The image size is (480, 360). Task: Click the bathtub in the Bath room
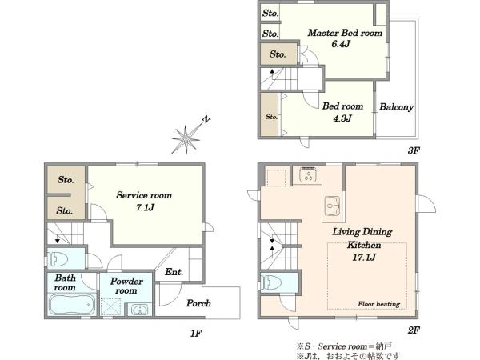[72, 304]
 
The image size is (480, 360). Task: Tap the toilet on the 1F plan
[58, 258]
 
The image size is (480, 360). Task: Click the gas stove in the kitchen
[308, 174]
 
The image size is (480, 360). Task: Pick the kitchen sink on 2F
[333, 205]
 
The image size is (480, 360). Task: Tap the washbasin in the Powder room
[139, 310]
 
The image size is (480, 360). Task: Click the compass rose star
[186, 139]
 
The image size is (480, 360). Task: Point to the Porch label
[198, 303]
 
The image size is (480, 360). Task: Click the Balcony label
[397, 107]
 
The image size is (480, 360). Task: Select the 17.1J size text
[364, 257]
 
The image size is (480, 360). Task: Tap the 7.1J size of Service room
[145, 207]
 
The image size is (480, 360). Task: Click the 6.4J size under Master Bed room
[341, 44]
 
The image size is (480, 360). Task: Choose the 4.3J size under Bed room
[342, 118]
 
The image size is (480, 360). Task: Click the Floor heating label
[379, 304]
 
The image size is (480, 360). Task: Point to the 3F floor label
[414, 150]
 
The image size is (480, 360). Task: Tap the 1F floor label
[196, 333]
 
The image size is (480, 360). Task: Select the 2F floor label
[414, 330]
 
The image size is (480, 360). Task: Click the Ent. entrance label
[174, 272]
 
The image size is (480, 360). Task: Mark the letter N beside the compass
[207, 119]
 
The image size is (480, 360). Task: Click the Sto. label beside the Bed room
[271, 117]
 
